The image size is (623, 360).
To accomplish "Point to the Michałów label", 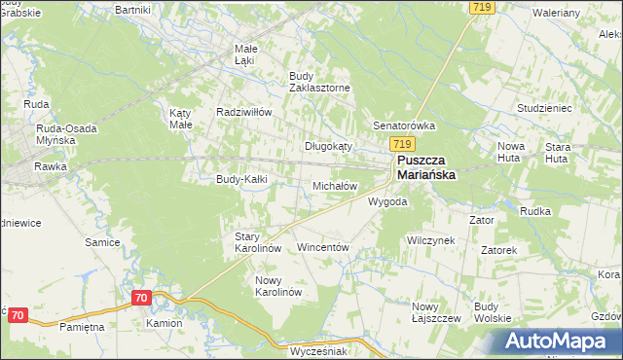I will (335, 185).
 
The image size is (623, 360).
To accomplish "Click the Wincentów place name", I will (322, 248).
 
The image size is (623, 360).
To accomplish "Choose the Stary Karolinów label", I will (258, 242).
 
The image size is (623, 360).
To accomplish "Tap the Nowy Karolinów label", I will (279, 286).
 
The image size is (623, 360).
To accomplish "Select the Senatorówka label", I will (404, 126).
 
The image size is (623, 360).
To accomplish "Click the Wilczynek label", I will (431, 239).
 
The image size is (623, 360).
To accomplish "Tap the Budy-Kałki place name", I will (241, 179).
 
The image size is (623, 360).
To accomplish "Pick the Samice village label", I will (102, 242).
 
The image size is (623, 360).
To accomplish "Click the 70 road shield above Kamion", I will (142, 298).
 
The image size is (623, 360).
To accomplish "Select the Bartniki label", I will (131, 9).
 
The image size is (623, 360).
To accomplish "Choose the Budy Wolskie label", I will (493, 311).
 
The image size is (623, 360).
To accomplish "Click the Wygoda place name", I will (386, 202).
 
